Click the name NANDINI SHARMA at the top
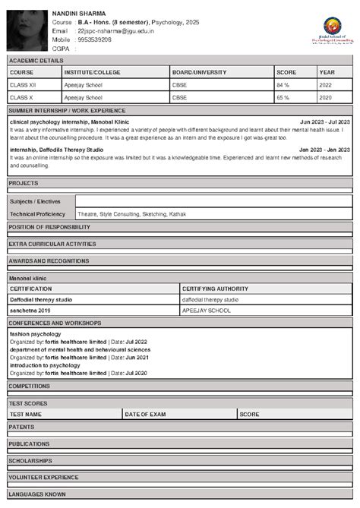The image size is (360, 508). coord(79,14)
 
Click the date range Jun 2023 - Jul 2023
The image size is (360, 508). coord(324,121)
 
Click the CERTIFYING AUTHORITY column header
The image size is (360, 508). coord(216,289)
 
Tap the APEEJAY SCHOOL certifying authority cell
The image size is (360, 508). coord(205,311)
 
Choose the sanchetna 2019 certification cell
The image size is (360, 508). coord(29,311)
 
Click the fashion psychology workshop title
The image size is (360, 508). coord(36,333)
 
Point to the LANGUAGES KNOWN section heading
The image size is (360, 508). coord(37,494)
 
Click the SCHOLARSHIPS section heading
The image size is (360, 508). coord(30,460)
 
